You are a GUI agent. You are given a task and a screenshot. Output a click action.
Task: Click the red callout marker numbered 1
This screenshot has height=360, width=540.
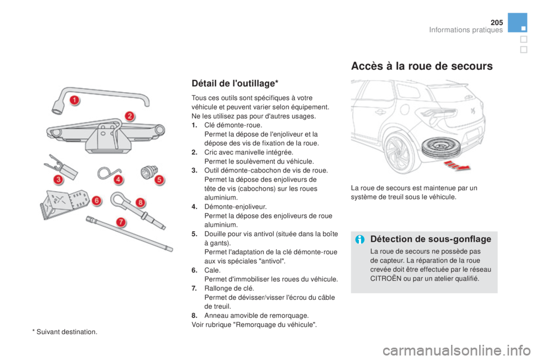75,100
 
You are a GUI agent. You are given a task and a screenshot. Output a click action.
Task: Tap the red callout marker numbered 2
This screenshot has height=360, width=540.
129,116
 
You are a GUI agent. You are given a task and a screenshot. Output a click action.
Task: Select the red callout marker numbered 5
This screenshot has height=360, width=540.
159,179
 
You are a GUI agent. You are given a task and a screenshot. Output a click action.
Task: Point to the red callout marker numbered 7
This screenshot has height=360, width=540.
120,222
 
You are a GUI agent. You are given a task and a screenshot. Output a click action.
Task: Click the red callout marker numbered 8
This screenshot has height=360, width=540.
140,202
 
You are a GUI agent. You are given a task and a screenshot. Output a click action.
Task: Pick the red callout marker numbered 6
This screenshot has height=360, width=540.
97,200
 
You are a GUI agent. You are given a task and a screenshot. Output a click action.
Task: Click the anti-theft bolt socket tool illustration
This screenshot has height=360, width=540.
149,172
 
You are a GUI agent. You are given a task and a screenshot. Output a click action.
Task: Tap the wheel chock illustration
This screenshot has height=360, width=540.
64,204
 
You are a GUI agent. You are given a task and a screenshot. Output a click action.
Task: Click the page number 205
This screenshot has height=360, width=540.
497,22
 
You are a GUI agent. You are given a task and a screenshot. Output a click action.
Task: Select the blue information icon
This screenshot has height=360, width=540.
360,240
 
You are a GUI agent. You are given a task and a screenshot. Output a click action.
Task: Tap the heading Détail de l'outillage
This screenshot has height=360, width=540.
235,83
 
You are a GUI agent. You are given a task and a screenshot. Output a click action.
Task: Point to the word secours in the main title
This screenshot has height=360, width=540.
472,66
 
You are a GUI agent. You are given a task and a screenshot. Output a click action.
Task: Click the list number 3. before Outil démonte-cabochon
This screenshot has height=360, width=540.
195,170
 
